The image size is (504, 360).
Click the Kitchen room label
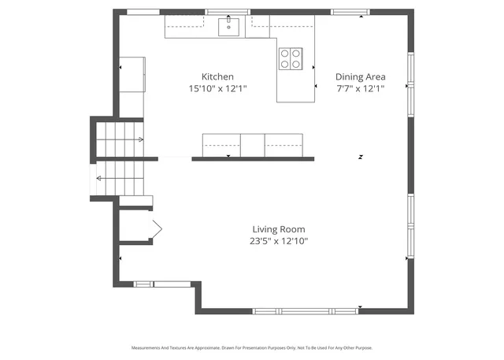click(x=218, y=76)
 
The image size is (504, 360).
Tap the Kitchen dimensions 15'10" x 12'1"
click(x=218, y=89)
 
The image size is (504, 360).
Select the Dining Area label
click(x=360, y=76)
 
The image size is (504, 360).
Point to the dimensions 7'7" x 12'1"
click(x=360, y=89)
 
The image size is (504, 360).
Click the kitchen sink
click(x=229, y=27)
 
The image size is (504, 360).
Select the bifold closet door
click(x=156, y=229)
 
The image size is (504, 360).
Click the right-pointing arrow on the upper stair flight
click(x=140, y=140)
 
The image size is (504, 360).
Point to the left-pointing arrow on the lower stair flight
click(x=99, y=179)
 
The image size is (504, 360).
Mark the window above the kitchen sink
click(x=228, y=12)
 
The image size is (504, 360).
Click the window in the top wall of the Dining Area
click(x=350, y=12)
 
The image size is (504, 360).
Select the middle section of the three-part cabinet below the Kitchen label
click(x=252, y=144)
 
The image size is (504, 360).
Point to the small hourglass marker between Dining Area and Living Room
click(x=360, y=158)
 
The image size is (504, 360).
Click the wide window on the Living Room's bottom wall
click(x=307, y=311)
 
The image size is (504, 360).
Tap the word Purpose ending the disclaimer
click(x=363, y=347)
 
